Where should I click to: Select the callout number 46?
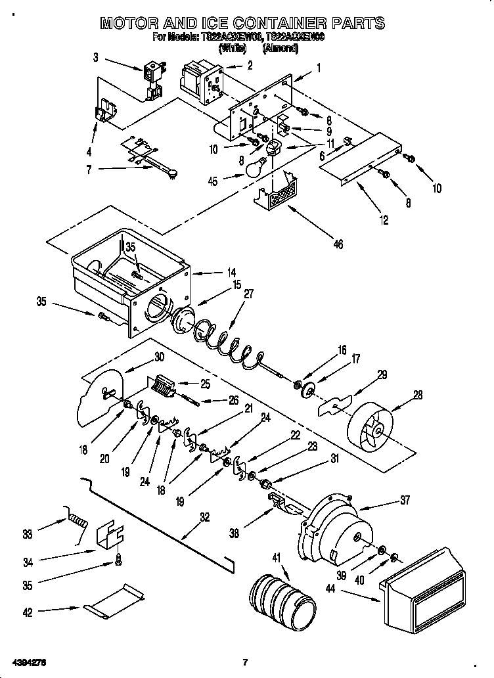[338, 244]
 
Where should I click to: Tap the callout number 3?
[96, 57]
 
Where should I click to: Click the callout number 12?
[384, 221]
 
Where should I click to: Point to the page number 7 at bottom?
[244, 661]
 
